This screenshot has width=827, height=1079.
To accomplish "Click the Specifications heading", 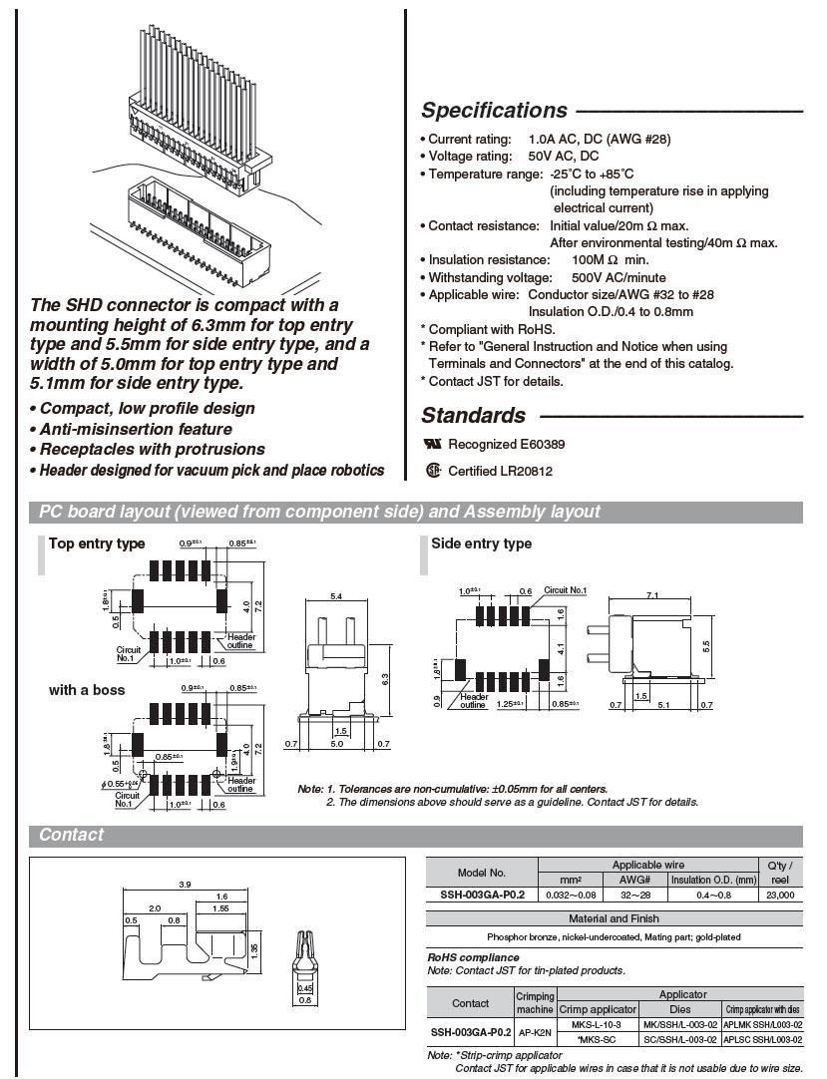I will (x=494, y=111).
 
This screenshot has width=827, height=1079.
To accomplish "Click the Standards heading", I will (x=473, y=416).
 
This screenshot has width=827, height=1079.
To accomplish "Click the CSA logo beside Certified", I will (x=432, y=471).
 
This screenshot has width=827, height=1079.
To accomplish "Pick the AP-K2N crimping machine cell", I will (x=535, y=1032).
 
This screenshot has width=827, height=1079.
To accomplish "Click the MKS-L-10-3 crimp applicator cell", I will (x=597, y=1024).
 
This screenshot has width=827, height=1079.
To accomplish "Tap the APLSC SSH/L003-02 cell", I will (x=763, y=1039).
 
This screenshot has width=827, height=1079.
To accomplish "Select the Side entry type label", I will (x=481, y=543).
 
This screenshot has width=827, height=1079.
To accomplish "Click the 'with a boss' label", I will (x=87, y=690).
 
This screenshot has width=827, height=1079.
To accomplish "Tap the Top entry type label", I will (x=97, y=543).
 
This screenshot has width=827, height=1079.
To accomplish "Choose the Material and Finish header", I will (x=614, y=918).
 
